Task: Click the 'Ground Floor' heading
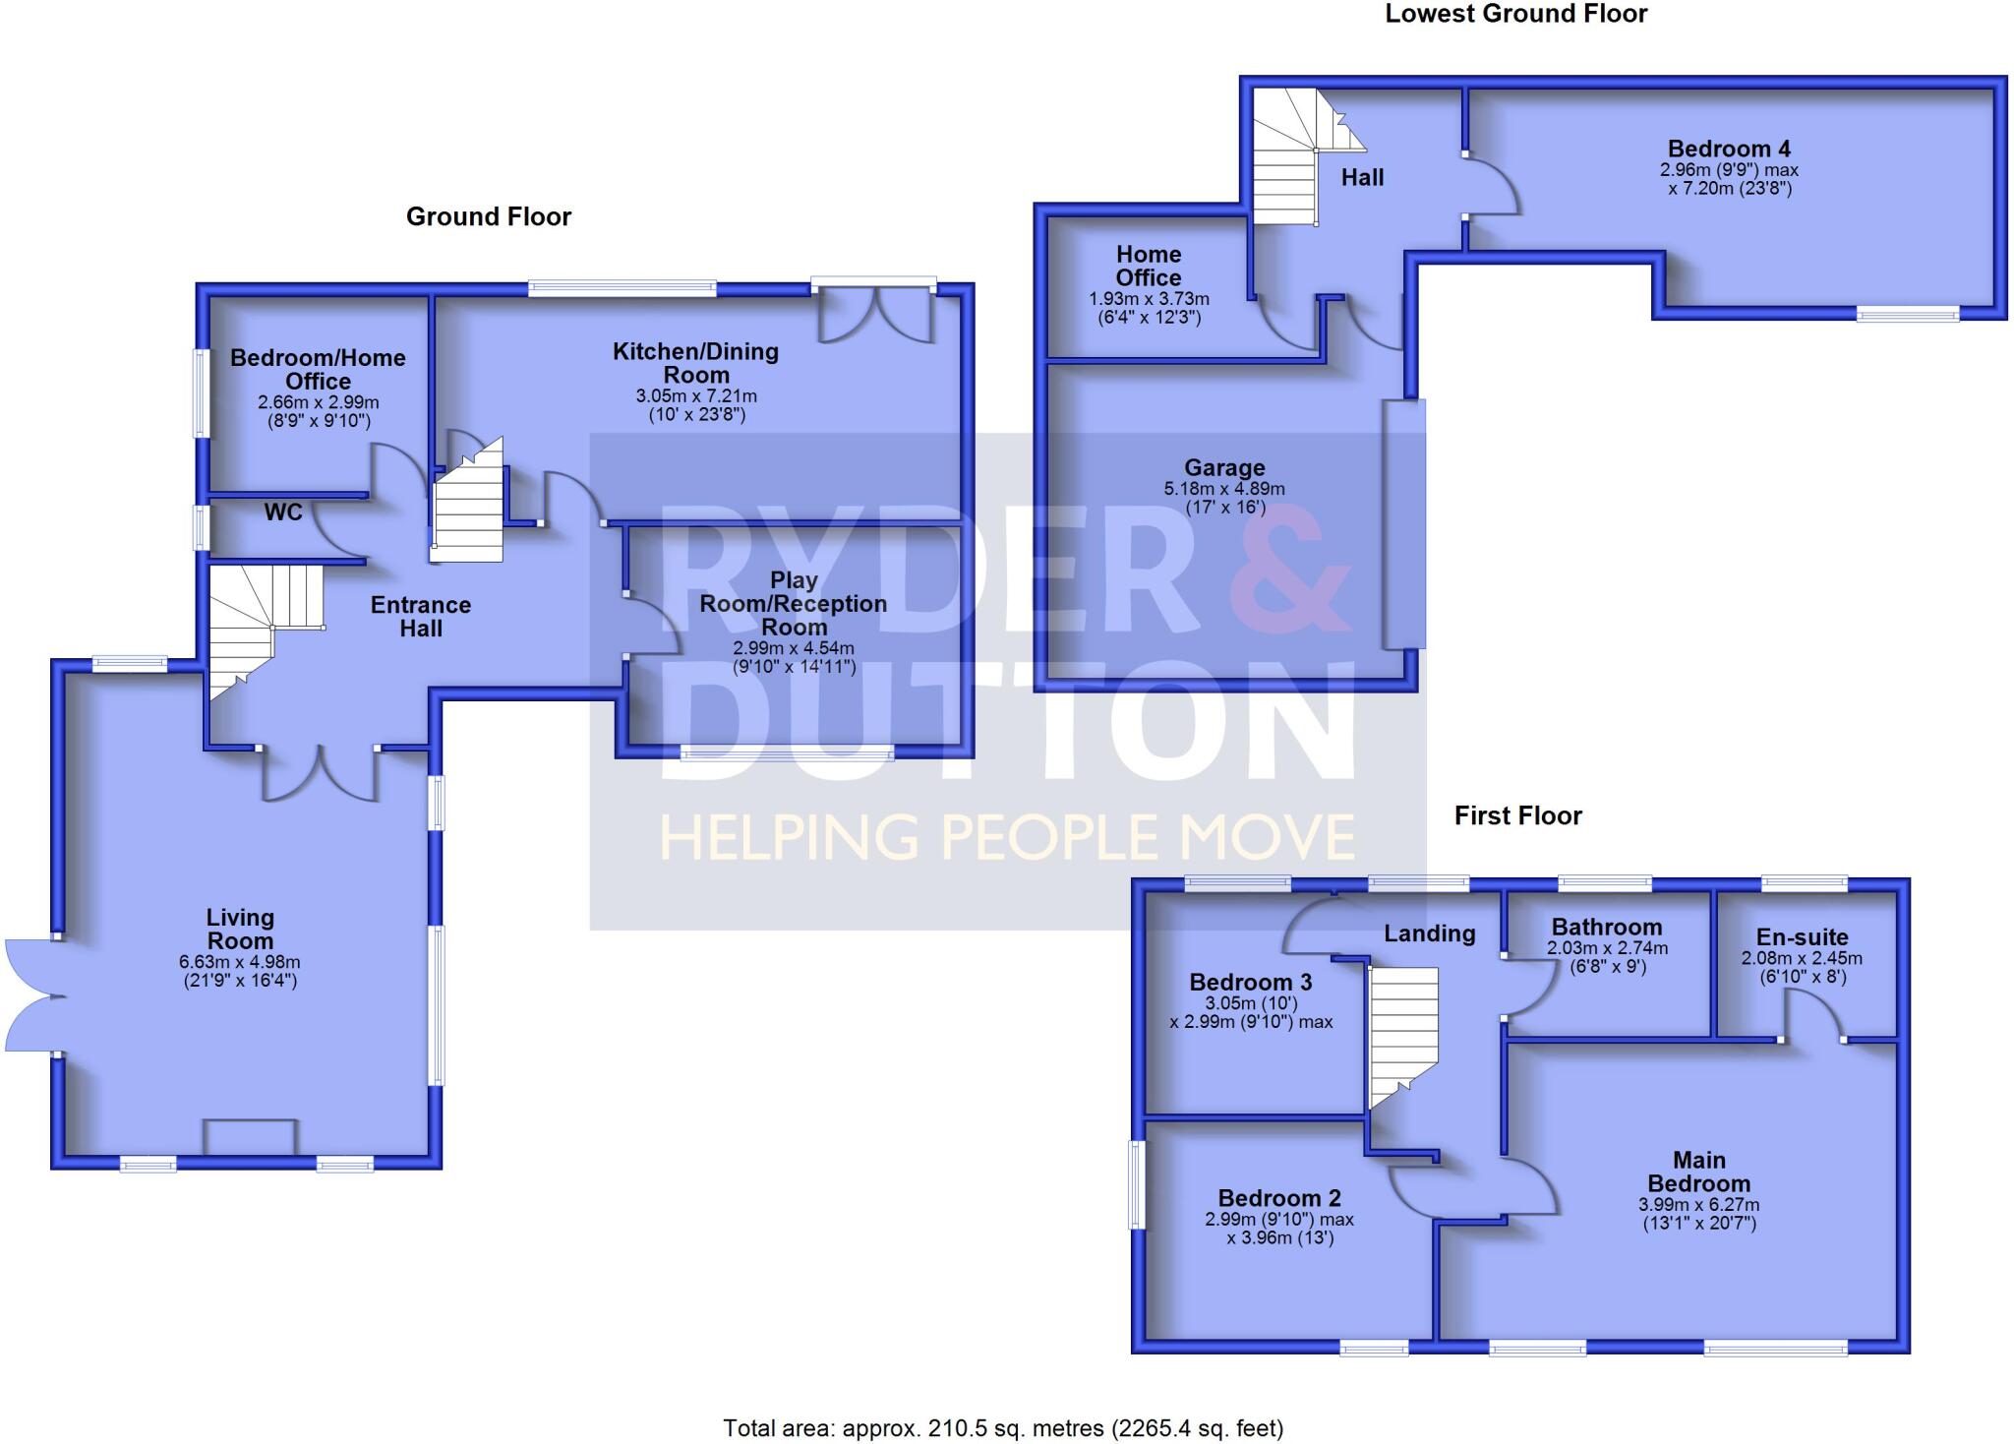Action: pyautogui.click(x=489, y=216)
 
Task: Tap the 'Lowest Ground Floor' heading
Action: pyautogui.click(x=1516, y=14)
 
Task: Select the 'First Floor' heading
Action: pyautogui.click(x=1517, y=815)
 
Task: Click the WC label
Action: pyautogui.click(x=283, y=512)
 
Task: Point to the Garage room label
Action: pyautogui.click(x=1224, y=468)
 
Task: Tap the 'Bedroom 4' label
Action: pyautogui.click(x=1729, y=150)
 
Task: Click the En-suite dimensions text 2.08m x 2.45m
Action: pyautogui.click(x=1802, y=958)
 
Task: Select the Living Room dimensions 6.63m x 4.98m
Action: pyautogui.click(x=240, y=962)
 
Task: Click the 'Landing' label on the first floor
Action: pyautogui.click(x=1429, y=933)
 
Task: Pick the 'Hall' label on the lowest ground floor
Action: pyautogui.click(x=1362, y=178)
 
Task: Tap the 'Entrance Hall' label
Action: pyautogui.click(x=421, y=617)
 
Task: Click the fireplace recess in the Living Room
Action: pyautogui.click(x=250, y=1137)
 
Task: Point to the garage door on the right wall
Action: pyautogui.click(x=1404, y=523)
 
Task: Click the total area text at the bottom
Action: pyautogui.click(x=1003, y=1427)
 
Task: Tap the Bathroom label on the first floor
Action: pyautogui.click(x=1607, y=927)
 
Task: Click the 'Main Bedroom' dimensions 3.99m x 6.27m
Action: pyautogui.click(x=1698, y=1205)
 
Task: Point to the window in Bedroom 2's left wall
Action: pyautogui.click(x=1137, y=1184)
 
